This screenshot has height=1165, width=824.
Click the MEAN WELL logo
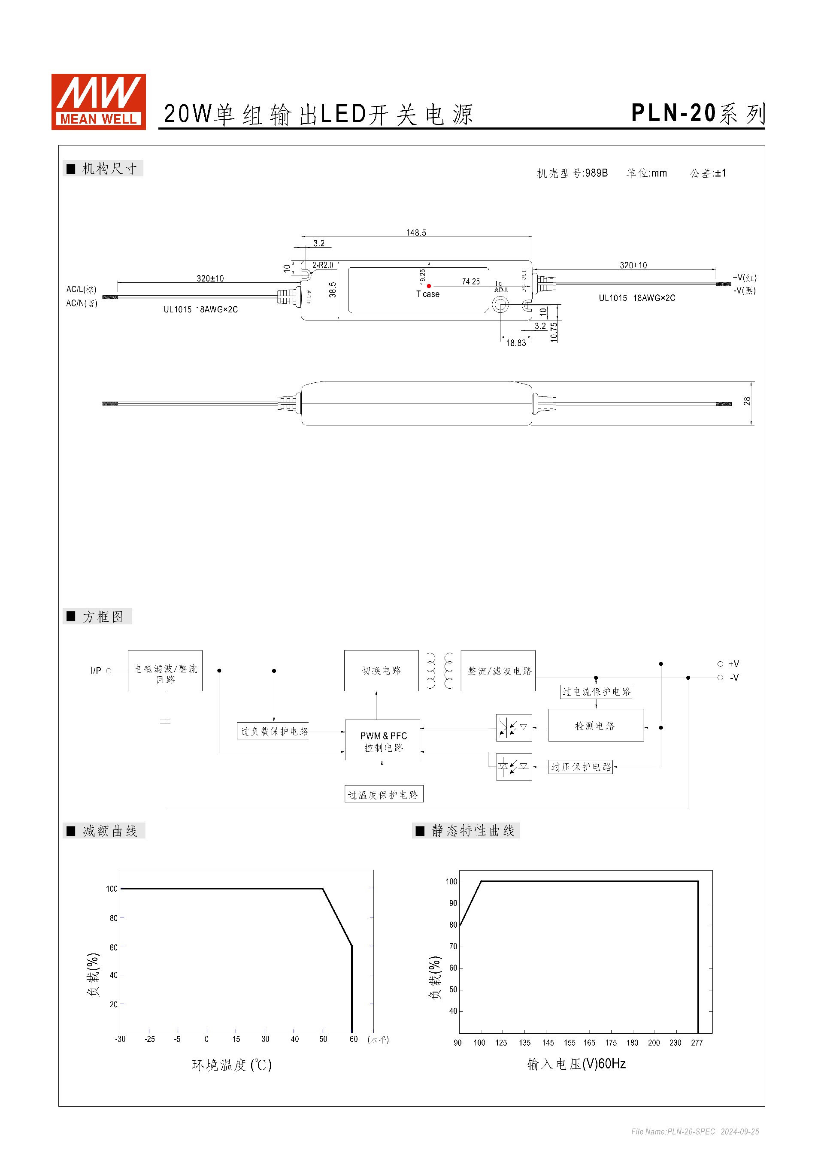[x=98, y=101]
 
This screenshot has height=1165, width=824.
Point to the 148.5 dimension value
[x=415, y=233]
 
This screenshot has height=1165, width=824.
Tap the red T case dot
[x=429, y=286]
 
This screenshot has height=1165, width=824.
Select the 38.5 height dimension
[x=332, y=290]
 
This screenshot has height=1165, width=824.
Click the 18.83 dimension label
[x=515, y=343]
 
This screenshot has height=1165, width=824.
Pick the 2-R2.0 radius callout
[x=323, y=265]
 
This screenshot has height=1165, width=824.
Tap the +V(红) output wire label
[x=744, y=278]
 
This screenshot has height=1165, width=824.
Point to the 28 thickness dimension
[x=747, y=401]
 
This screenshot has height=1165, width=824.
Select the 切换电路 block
[x=381, y=670]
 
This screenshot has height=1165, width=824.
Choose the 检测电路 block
[x=595, y=726]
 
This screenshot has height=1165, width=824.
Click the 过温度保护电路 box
[x=383, y=795]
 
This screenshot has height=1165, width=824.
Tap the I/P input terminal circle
[x=109, y=671]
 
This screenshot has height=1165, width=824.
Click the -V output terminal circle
[x=720, y=678]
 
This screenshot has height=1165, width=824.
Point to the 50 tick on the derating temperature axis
[x=323, y=1039]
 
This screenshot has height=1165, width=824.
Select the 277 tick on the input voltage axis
[x=697, y=1043]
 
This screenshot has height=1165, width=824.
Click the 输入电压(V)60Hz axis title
[x=576, y=1064]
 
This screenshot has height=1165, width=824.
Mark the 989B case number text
[x=596, y=173]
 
